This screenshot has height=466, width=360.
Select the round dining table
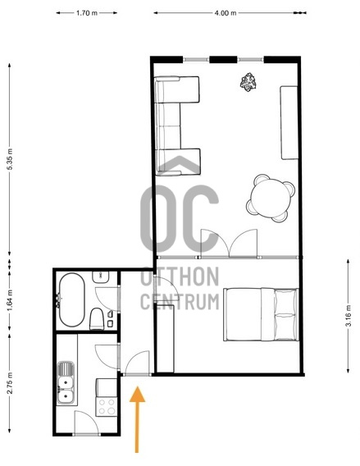click(271, 198)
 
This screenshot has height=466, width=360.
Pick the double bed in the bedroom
click(261, 314)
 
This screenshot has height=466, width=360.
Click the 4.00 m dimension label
click(226, 14)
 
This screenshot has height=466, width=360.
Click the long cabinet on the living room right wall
click(289, 122)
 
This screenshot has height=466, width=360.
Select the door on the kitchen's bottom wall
click(86, 424)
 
